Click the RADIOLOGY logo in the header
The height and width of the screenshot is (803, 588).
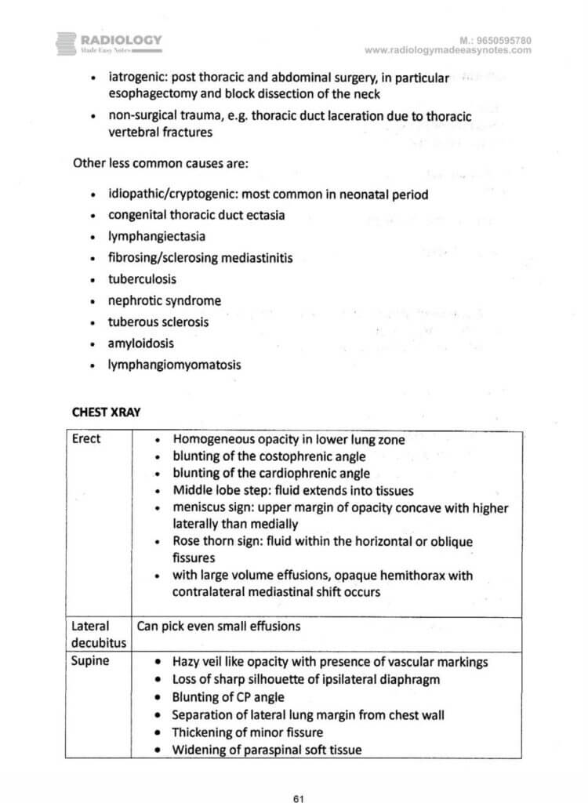click(110, 42)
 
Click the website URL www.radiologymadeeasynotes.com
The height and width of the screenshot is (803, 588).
click(448, 50)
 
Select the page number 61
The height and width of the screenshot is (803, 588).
click(298, 777)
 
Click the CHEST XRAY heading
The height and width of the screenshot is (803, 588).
click(106, 412)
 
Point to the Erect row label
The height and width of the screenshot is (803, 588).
click(86, 438)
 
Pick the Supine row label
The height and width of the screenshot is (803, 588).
click(89, 661)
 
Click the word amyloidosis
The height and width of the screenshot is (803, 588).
click(141, 343)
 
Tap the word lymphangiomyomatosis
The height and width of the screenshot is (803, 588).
click(175, 364)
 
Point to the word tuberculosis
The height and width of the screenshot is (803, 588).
click(142, 278)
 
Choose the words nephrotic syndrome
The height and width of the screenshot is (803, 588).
click(165, 300)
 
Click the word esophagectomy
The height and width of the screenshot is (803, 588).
click(149, 94)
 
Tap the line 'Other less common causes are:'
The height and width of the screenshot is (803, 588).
click(151, 165)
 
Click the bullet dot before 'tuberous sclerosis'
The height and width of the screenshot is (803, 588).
click(93, 322)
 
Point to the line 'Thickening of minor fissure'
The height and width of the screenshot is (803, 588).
click(247, 732)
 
